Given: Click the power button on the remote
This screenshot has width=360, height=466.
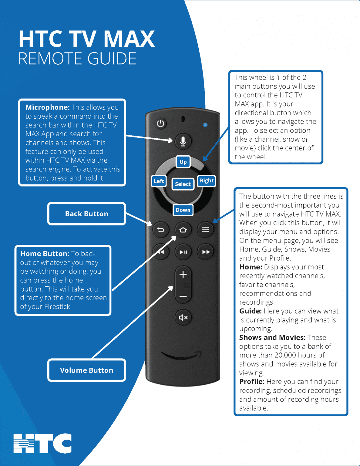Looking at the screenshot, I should [x=160, y=123].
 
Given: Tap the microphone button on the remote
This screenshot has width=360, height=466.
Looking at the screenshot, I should [x=183, y=141].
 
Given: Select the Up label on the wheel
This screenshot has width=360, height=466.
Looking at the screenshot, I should [x=183, y=162].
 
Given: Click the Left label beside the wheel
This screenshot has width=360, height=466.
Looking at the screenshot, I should [x=159, y=181].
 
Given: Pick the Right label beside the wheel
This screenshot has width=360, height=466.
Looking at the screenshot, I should [x=207, y=181].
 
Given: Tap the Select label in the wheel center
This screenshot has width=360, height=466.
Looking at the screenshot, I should [x=183, y=184].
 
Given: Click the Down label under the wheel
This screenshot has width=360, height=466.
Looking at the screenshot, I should [x=183, y=210].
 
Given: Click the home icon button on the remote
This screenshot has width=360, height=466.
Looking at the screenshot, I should [x=183, y=230].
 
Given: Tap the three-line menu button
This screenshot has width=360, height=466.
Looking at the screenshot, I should [x=205, y=230].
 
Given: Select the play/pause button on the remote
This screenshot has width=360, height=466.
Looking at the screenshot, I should [x=183, y=252].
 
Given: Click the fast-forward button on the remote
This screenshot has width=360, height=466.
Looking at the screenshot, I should [x=206, y=252].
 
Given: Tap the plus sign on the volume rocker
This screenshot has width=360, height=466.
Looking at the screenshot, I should [x=183, y=275].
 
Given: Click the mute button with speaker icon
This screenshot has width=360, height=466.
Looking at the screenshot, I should [x=183, y=318].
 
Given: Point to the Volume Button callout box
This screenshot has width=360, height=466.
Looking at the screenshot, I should [x=86, y=370].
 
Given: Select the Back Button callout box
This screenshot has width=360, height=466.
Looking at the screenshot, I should [x=86, y=214].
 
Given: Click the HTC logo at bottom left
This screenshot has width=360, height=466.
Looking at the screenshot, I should [x=43, y=443].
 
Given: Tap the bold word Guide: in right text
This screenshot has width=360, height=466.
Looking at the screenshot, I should [x=250, y=311].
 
